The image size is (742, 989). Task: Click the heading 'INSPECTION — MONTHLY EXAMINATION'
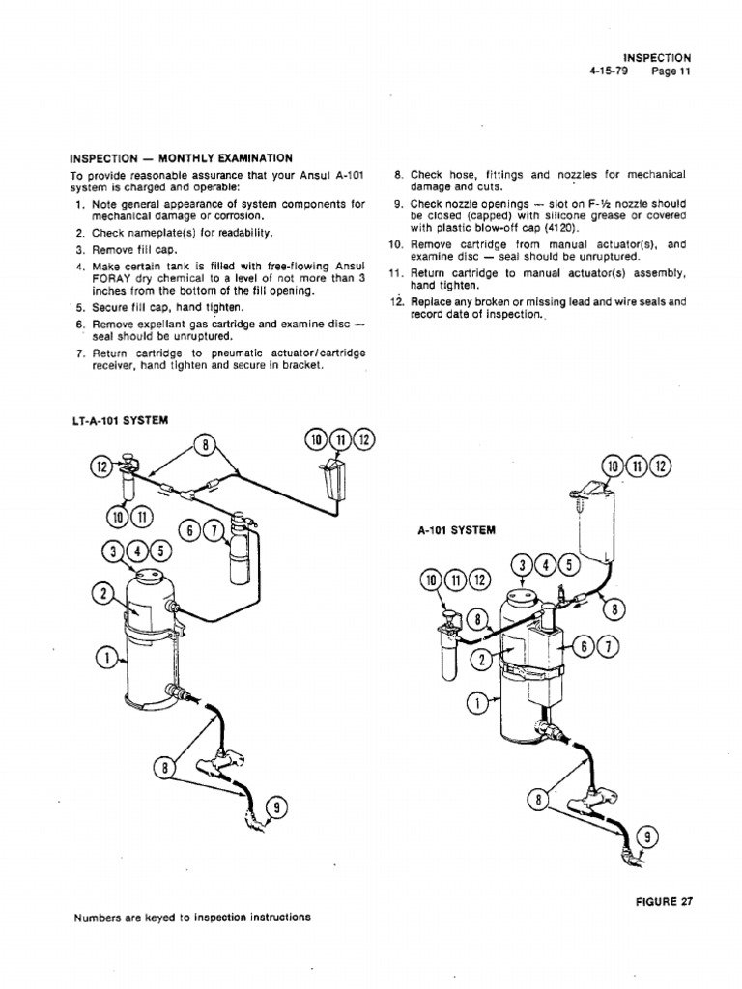tap(181, 158)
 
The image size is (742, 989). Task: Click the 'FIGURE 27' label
tap(664, 903)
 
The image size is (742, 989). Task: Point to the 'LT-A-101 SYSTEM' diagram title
tap(119, 421)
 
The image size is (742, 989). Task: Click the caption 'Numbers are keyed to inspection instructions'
tap(192, 918)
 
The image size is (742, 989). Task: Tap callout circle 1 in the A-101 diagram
tap(474, 702)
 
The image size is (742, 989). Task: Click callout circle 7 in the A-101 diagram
tap(613, 646)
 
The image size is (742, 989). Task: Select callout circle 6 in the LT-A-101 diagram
tap(190, 530)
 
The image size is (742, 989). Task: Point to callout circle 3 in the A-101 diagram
tap(521, 566)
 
